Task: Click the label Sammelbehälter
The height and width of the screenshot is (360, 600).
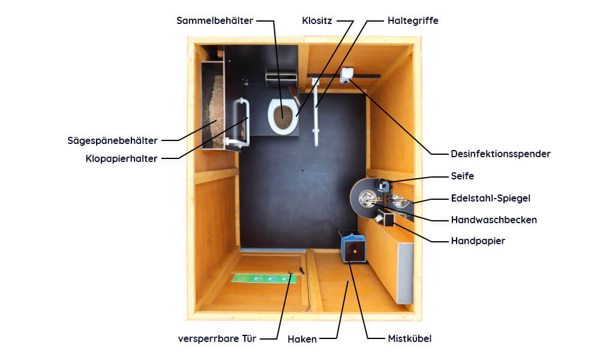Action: (215, 20)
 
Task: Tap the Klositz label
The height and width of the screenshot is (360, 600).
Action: (317, 20)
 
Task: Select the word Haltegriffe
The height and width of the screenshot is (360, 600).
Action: (413, 20)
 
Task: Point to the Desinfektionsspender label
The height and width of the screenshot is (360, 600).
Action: (500, 154)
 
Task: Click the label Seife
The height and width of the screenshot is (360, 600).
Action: (462, 176)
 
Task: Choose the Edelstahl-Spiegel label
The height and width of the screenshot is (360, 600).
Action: (491, 198)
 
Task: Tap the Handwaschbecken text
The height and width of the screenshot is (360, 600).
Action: (494, 220)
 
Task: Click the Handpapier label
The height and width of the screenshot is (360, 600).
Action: (478, 241)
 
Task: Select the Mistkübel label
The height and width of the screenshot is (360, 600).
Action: (409, 338)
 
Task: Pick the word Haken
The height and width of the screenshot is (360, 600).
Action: (302, 339)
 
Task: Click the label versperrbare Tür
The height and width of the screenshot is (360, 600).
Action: (217, 338)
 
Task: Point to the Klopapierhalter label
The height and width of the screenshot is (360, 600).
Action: (121, 158)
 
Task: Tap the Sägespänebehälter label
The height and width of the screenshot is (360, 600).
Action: (113, 140)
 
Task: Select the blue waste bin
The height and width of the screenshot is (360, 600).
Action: (353, 249)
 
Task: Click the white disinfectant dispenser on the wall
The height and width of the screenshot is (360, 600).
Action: (346, 75)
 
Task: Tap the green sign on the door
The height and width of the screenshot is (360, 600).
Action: (263, 278)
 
